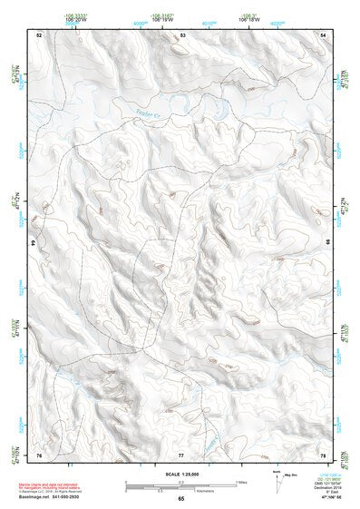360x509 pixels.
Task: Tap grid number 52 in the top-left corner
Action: (38, 34)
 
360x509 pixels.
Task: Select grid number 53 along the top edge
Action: (182, 34)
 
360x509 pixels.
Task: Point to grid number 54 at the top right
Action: (325, 34)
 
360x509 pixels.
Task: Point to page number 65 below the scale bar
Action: (181, 499)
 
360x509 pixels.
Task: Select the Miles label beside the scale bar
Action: (241, 481)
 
